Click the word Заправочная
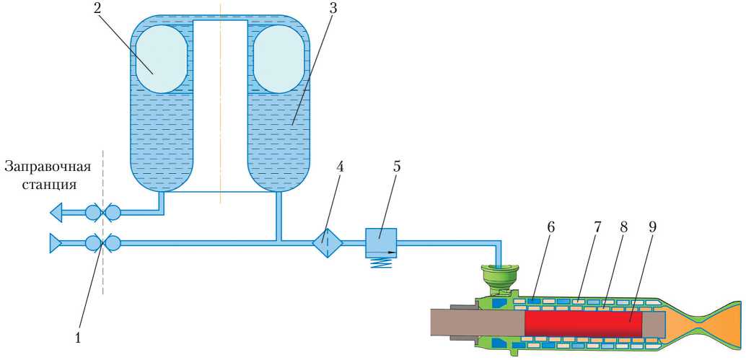[48, 167]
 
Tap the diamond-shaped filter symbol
[327, 243]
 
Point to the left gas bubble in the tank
[162, 58]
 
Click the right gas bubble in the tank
[278, 58]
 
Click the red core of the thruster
[583, 323]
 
